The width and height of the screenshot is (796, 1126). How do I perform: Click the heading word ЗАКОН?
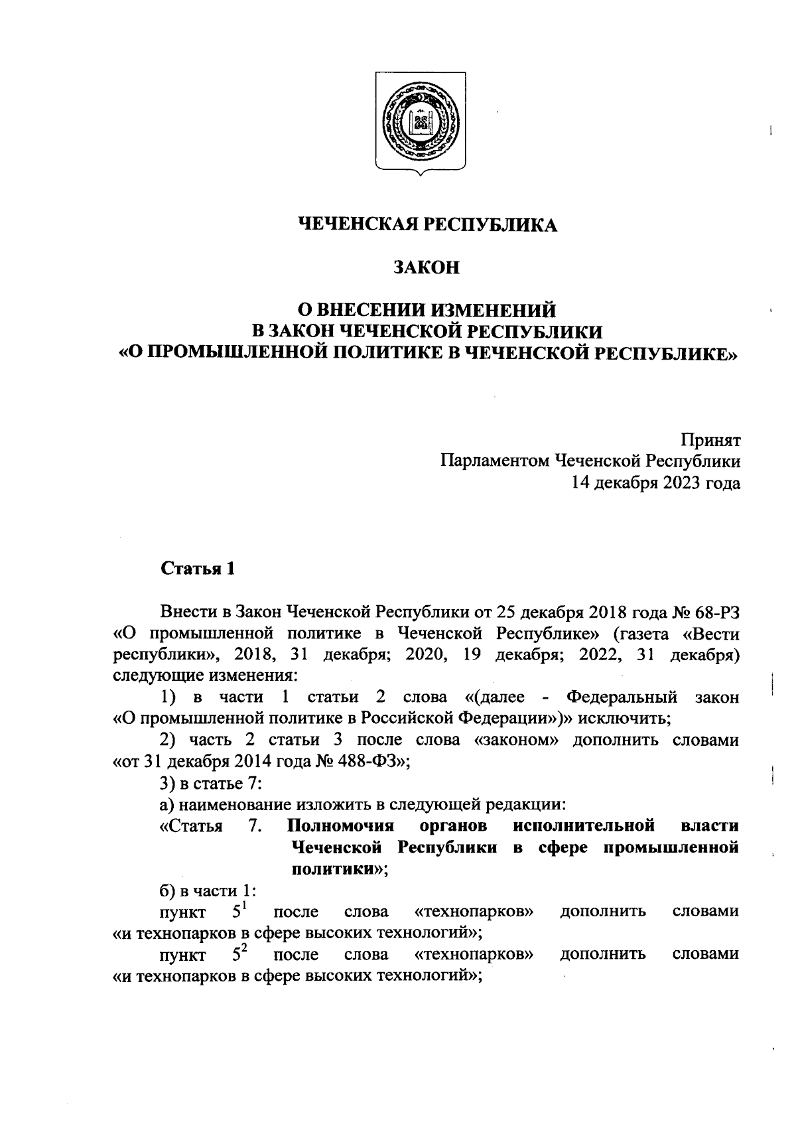(x=427, y=267)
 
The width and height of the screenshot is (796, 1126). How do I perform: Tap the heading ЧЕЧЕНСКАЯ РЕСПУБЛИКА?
(x=427, y=225)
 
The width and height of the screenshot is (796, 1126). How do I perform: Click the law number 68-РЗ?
(x=716, y=612)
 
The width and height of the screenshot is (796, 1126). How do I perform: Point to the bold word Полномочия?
(x=342, y=826)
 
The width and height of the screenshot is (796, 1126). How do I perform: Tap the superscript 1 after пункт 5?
(x=244, y=905)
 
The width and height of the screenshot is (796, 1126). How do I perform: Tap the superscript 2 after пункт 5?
(x=244, y=948)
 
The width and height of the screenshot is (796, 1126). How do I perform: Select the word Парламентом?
(x=494, y=461)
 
